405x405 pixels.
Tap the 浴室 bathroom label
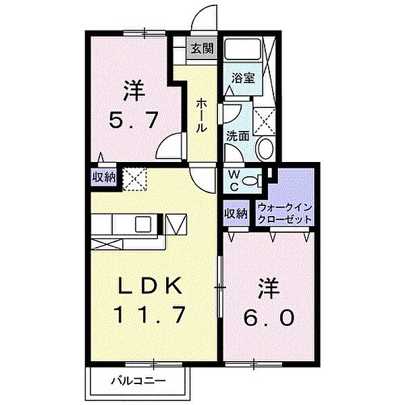[x=242, y=78]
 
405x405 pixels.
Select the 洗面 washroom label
[x=238, y=136]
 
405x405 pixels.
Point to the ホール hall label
[x=202, y=114]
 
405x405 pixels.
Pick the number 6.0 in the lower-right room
[x=268, y=317]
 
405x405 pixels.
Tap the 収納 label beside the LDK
[x=103, y=178]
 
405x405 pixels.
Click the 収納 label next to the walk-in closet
[x=236, y=214]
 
